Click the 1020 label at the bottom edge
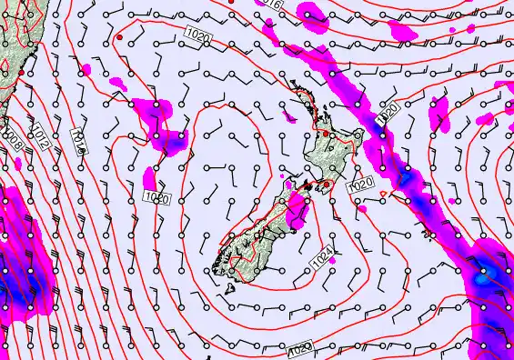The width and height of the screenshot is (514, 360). (301, 349)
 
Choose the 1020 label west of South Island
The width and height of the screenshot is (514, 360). (156, 196)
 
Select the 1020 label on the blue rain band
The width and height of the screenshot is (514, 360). (388, 114)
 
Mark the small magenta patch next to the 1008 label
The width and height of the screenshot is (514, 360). (18, 162)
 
